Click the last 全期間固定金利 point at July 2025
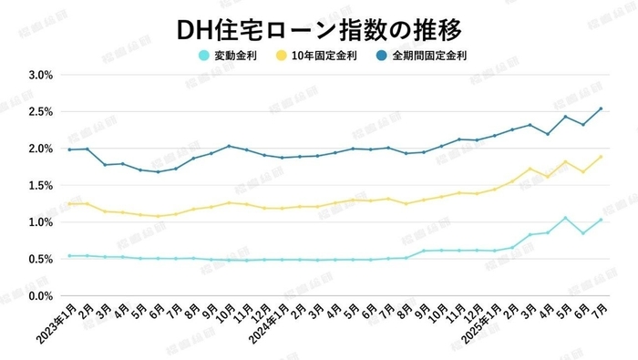click(601, 108)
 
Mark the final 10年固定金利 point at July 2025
click(601, 157)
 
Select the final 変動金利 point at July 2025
click(601, 220)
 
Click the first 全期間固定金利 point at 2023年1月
click(69, 149)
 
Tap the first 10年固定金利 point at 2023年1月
click(69, 203)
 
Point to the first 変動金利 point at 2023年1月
click(69, 256)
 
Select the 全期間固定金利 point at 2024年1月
click(282, 158)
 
